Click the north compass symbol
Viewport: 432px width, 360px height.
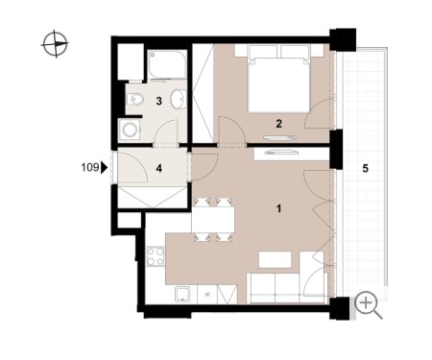click(55, 43)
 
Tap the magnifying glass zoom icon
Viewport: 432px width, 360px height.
click(369, 305)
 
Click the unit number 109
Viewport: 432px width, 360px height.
click(90, 167)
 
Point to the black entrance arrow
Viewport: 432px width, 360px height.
click(104, 167)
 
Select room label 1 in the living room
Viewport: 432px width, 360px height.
click(278, 208)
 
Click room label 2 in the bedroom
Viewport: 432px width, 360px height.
click(278, 124)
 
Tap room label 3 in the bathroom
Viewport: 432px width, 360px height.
click(158, 101)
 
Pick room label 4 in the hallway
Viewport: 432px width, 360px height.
click(159, 168)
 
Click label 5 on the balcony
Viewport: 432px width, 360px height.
click(366, 168)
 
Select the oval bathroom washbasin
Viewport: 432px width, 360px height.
click(178, 99)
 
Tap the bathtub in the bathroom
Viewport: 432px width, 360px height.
click(167, 64)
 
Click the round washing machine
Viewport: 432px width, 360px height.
click(131, 131)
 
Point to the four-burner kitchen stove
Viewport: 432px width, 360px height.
click(156, 256)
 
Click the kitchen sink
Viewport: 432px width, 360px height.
click(182, 295)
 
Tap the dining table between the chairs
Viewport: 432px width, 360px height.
click(213, 220)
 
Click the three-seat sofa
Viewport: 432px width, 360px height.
click(287, 288)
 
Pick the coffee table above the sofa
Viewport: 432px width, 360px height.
click(275, 259)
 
